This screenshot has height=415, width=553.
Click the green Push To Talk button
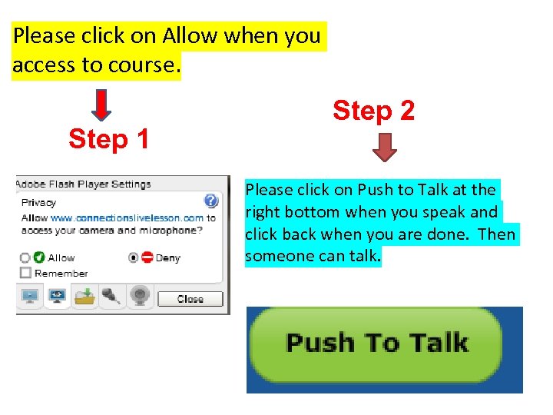pos(376,343)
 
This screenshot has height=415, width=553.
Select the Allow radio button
pos(25,258)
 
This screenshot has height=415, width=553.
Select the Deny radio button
pos(134,258)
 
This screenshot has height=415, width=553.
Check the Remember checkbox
pos(25,273)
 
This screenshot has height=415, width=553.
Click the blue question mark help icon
pos(211,201)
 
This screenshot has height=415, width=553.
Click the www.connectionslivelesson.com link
pos(127,218)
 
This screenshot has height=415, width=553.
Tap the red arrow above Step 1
pos(101,105)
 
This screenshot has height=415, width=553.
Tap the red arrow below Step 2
pos(386,147)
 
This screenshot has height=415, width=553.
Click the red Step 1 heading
pos(108,139)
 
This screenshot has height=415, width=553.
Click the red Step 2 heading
pos(373,111)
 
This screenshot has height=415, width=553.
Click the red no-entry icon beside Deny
pos(147,258)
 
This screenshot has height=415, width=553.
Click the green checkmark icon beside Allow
pos(38,258)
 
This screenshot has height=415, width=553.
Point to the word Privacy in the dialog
pos(38,203)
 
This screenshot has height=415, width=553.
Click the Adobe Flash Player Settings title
pos(84,184)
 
